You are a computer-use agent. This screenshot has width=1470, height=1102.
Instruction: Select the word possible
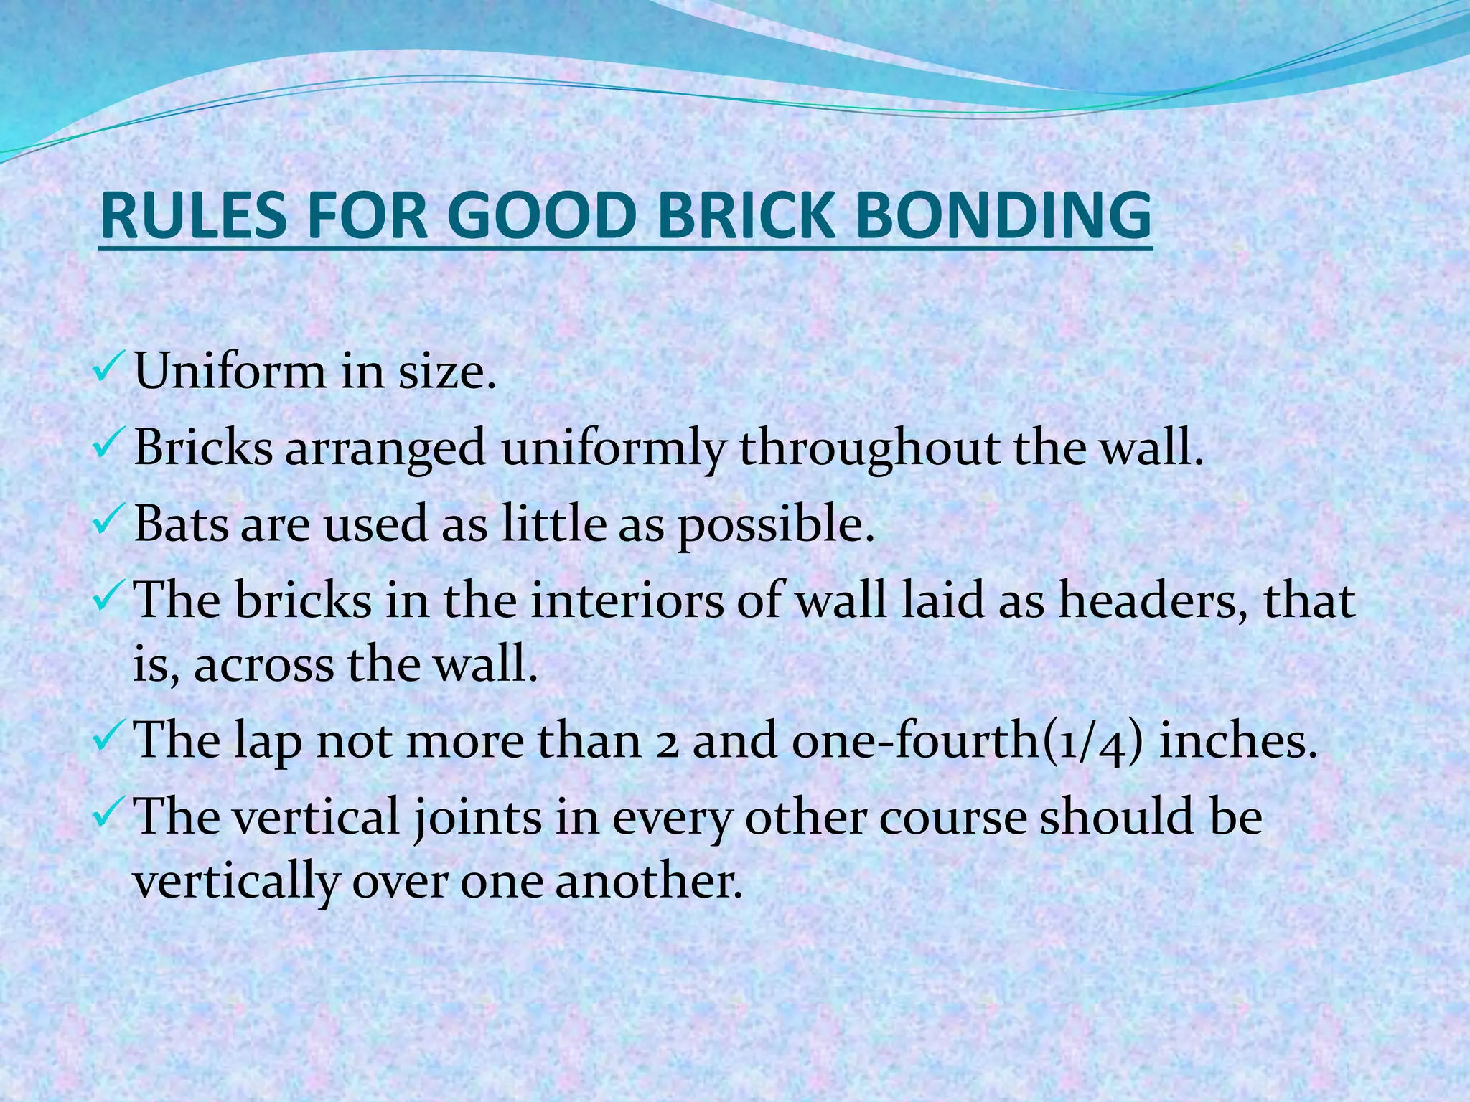(776, 525)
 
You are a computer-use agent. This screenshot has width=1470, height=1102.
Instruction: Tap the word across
(263, 664)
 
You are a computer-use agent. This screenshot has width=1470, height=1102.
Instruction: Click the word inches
(1239, 740)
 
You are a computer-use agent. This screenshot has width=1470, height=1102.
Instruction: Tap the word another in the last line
(649, 880)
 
